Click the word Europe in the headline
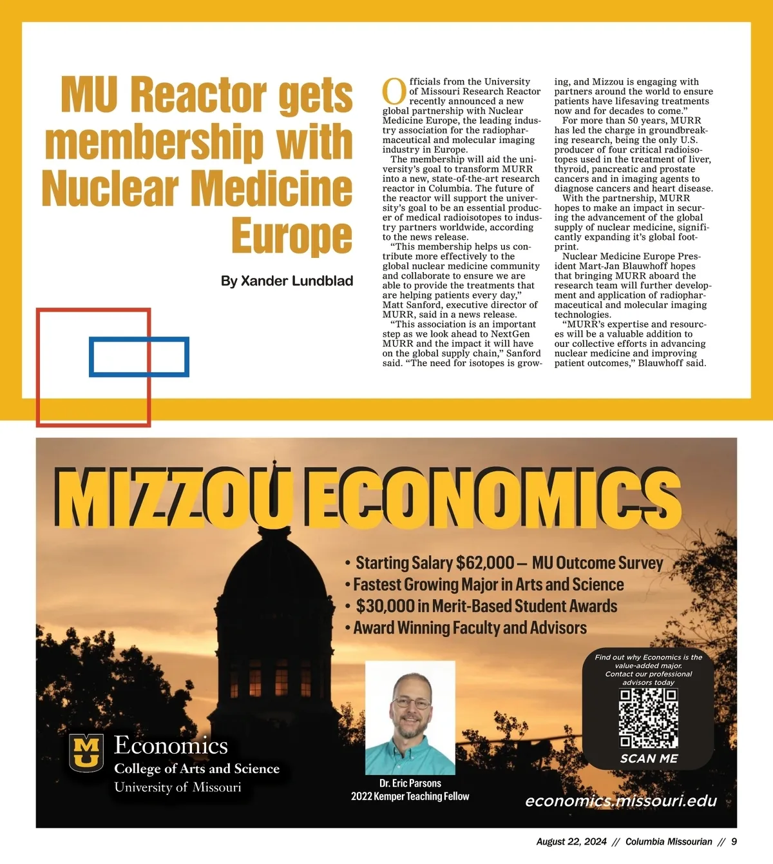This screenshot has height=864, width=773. (x=292, y=236)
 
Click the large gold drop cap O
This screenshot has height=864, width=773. (x=394, y=92)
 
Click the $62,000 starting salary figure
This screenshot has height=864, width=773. (x=485, y=563)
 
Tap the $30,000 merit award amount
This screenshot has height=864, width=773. (x=385, y=606)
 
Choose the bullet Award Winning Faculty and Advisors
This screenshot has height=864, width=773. (x=470, y=628)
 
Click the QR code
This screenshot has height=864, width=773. (x=648, y=718)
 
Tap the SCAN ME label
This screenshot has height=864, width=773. (x=649, y=759)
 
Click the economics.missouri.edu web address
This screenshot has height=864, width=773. (x=621, y=801)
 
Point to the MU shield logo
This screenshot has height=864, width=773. (x=86, y=752)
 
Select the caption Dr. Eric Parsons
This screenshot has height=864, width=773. (x=410, y=783)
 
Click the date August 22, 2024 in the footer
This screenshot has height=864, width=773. (x=571, y=841)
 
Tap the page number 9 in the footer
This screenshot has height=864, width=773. (x=734, y=841)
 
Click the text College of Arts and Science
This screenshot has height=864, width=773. (x=197, y=769)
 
